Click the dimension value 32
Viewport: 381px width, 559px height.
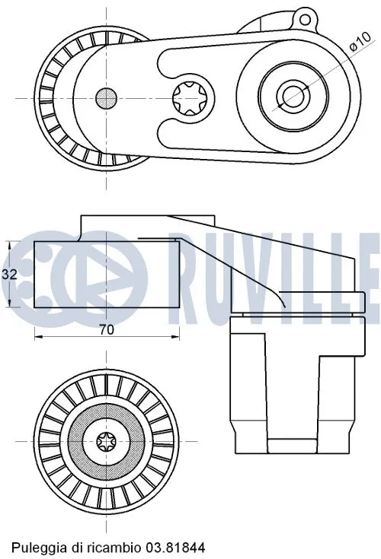[10, 275]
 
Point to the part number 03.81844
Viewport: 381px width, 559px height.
[178, 547]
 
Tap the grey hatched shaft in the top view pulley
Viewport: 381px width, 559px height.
[106, 97]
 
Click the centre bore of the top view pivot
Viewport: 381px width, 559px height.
[291, 96]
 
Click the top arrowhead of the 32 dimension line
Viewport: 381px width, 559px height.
[8, 244]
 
